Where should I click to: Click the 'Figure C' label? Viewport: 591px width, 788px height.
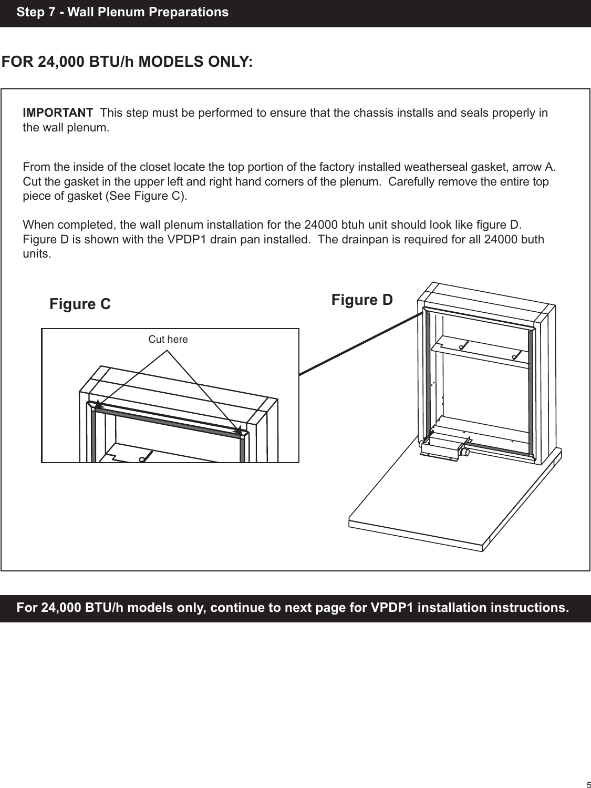[80, 304]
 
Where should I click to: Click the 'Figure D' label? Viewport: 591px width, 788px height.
[362, 300]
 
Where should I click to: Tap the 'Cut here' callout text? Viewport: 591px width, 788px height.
[168, 340]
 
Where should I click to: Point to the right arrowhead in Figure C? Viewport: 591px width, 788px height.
[239, 429]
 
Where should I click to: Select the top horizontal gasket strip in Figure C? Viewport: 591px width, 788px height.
[168, 418]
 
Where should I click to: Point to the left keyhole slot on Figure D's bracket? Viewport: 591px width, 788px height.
[460, 347]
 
